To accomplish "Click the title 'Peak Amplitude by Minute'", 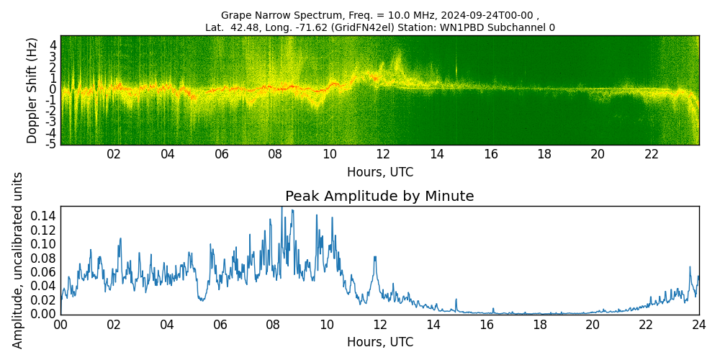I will coord(379,197).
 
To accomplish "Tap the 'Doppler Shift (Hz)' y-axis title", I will coord(32,91).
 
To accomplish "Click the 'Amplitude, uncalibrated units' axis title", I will coord(18,260).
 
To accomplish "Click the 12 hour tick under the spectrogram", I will coord(383,154).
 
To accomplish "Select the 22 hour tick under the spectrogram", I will coord(652,154).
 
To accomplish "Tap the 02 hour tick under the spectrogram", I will coord(114,154).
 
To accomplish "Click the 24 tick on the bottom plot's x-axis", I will coord(698,325).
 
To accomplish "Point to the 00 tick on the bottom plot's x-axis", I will coord(60,325).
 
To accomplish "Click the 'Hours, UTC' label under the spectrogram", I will coord(379,172).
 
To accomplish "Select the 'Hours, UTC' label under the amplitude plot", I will coord(379,342).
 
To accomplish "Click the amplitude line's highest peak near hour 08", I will coord(282,208).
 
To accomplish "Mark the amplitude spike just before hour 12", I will coord(375,257).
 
